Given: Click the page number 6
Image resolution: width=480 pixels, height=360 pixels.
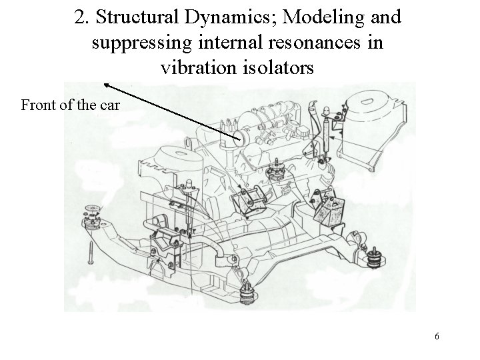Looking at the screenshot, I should [437, 336].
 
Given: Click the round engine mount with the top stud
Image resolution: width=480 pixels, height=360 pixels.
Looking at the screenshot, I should [274, 169].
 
